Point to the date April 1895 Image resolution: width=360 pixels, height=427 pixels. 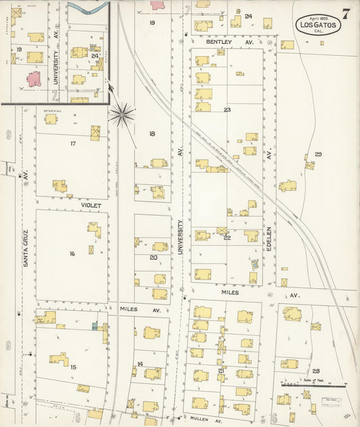tap(317, 18)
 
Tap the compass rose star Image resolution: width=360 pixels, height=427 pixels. tap(122, 115)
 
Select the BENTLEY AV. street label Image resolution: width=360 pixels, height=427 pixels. tap(220, 42)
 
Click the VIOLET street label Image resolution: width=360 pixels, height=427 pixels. tap(91, 205)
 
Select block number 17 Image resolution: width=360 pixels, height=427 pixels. tap(72, 143)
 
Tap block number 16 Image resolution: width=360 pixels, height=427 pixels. tap(72, 253)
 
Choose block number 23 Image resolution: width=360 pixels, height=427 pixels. tap(228, 109)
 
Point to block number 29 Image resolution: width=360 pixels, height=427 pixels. tap(318, 155)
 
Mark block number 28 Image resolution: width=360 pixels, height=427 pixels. tap(315, 371)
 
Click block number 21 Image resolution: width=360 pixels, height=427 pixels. tap(221, 371)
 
